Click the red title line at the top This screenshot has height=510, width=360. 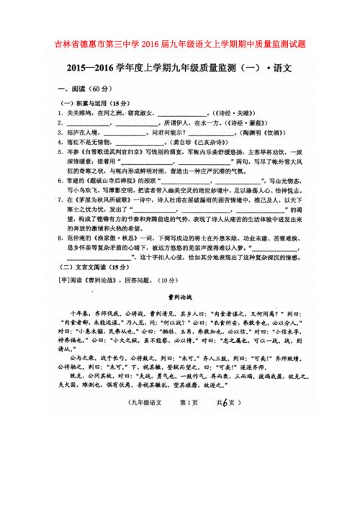click(179, 44)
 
